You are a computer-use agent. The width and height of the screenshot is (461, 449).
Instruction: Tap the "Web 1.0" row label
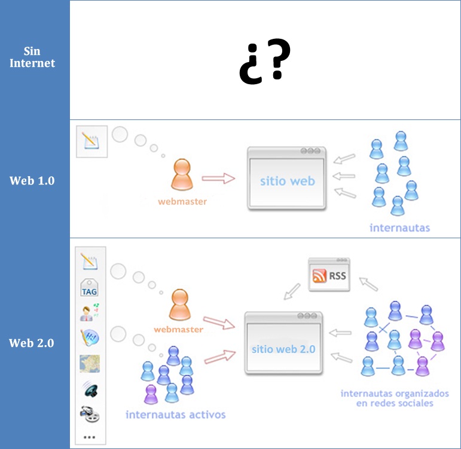32,180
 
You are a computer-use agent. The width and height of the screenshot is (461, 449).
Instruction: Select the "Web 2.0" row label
32,343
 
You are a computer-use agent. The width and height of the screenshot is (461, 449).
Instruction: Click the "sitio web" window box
287,178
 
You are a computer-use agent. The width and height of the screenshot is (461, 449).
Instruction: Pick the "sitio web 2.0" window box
283,343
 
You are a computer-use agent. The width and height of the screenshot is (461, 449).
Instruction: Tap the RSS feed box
328,275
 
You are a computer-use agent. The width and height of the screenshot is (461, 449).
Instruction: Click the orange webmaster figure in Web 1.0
182,174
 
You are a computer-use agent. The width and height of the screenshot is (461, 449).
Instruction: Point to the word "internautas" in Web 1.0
399,227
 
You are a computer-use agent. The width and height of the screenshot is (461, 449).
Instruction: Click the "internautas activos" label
175,414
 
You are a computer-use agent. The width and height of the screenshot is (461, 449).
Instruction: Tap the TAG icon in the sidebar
89,288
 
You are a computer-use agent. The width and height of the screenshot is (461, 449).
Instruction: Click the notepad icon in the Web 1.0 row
91,142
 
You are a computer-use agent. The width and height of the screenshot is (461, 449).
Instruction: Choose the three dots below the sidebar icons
89,437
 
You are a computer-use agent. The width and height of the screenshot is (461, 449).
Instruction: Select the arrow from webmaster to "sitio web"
218,178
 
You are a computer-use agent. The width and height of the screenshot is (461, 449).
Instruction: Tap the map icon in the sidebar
89,363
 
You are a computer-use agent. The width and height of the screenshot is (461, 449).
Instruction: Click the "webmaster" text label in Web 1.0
182,202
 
